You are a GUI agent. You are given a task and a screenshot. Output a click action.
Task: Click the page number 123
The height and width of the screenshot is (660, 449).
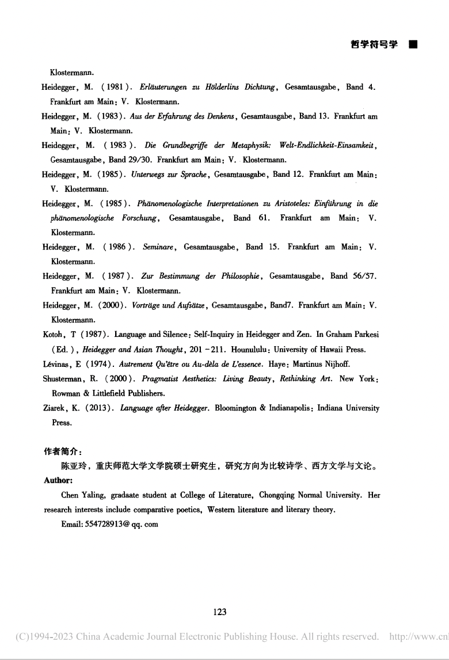[x=219, y=612]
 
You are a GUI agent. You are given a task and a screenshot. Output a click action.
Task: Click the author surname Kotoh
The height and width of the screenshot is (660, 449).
[x=54, y=334]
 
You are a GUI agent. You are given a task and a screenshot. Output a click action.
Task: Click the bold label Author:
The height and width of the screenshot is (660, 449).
[x=58, y=480]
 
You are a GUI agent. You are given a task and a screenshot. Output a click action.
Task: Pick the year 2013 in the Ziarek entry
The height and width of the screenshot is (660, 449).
[x=95, y=408]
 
